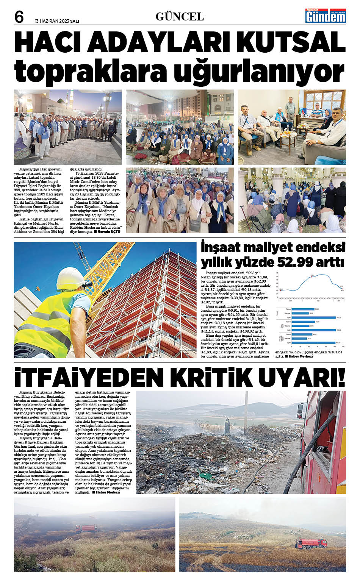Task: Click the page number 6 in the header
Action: [x=19, y=17]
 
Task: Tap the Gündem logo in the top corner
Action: [x=326, y=16]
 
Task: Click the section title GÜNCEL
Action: [x=180, y=17]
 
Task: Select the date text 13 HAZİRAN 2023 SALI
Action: [x=57, y=21]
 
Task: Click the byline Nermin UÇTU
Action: [x=109, y=231]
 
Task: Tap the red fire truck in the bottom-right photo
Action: [x=311, y=544]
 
